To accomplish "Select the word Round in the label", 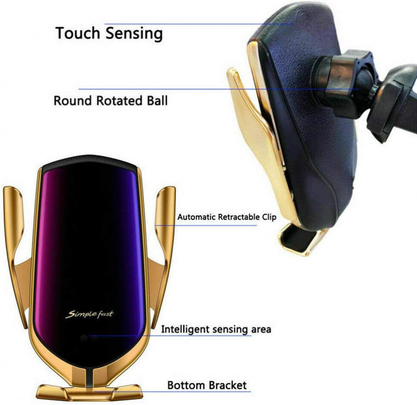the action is (x=73, y=101).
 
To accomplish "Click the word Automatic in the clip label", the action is (x=196, y=217).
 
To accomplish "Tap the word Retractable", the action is (x=239, y=217).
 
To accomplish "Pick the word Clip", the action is (x=269, y=217).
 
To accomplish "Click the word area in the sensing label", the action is (x=261, y=330).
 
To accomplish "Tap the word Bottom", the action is (x=186, y=385).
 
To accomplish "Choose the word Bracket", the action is (x=227, y=385).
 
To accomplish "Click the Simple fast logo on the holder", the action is (x=89, y=314).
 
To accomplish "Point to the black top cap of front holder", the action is (x=90, y=162).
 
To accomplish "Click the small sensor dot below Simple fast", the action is (x=84, y=338).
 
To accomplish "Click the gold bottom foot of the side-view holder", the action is (x=301, y=239).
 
